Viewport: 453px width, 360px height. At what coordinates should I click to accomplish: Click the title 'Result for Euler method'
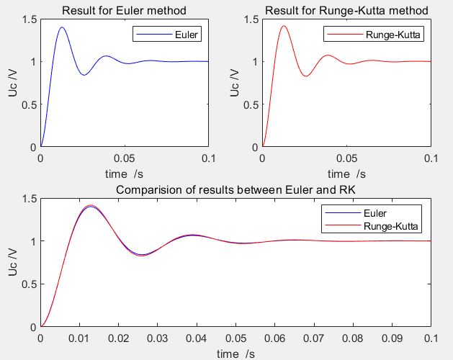(x=124, y=10)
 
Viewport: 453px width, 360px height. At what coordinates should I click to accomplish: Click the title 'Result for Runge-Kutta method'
(x=346, y=10)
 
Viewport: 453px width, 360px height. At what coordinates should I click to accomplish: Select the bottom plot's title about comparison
(x=236, y=190)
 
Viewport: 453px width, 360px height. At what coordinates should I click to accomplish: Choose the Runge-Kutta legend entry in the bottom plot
(x=393, y=226)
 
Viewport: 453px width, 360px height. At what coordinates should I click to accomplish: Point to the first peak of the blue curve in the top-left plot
(x=62, y=27)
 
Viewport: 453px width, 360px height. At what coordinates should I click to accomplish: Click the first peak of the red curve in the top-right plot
(x=284, y=26)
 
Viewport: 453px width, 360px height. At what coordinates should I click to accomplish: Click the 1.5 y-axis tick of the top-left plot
(x=28, y=19)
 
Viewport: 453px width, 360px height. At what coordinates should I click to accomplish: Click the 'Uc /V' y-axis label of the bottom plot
(x=12, y=262)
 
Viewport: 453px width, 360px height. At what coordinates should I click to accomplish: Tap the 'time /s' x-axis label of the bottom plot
(x=236, y=353)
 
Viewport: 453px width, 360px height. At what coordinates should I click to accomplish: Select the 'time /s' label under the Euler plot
(x=125, y=174)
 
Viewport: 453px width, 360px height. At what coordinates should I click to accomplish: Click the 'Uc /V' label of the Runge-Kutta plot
(x=233, y=82)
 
